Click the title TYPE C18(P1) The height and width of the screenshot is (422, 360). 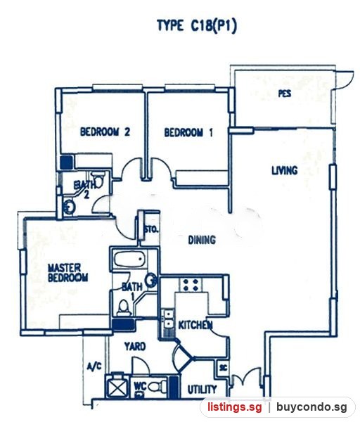(197, 27)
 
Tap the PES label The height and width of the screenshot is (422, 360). (285, 94)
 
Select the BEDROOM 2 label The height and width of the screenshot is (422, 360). (105, 132)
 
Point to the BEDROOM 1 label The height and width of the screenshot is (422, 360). (188, 133)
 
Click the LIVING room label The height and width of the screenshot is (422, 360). (285, 171)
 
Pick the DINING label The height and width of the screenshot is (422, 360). (202, 240)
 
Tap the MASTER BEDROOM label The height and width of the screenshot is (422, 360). (67, 273)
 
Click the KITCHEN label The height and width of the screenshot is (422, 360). (195, 325)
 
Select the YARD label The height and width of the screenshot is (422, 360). (135, 346)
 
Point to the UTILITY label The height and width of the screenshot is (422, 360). (202, 390)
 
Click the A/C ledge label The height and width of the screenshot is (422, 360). (94, 366)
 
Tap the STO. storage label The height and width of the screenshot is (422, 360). (151, 230)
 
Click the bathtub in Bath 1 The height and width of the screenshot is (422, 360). (130, 259)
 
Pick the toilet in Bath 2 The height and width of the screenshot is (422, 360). (98, 180)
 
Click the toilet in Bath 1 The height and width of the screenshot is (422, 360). (124, 307)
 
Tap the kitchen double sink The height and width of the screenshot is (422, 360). (169, 319)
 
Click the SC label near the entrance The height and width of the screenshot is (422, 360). (223, 368)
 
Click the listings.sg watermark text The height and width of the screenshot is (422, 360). (234, 407)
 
